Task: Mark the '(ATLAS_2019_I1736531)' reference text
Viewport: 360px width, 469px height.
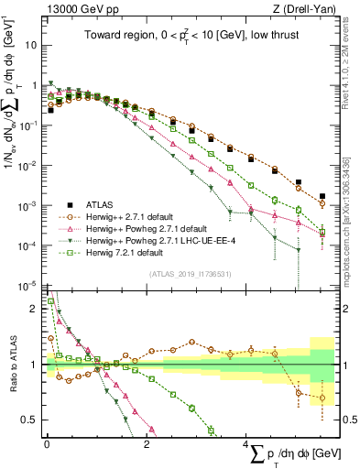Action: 189,273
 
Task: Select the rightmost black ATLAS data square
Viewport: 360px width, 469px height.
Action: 322,196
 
